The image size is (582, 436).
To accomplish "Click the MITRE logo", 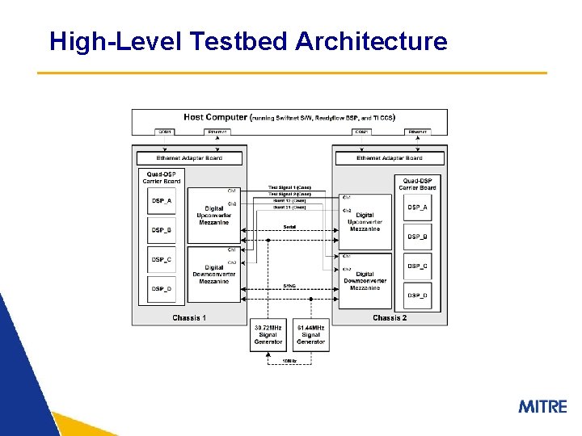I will (x=542, y=406).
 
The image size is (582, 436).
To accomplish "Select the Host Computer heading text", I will (x=216, y=117).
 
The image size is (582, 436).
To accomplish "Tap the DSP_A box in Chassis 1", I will (x=162, y=201).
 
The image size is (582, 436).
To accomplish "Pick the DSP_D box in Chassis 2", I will (x=418, y=296).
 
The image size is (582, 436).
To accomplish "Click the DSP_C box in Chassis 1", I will (x=162, y=259).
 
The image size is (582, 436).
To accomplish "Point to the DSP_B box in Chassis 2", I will (x=418, y=237).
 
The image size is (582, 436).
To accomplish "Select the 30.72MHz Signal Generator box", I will (x=268, y=334).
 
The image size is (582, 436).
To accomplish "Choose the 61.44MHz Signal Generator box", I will (x=310, y=334).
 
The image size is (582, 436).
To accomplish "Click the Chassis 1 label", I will (x=189, y=318).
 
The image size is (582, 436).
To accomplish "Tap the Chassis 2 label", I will (x=390, y=318).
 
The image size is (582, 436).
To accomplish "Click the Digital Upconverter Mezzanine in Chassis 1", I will (x=214, y=215).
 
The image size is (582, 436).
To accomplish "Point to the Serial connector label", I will (x=289, y=227).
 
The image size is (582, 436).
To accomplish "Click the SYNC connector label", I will (x=289, y=285).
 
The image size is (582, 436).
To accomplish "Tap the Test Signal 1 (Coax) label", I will (x=289, y=188).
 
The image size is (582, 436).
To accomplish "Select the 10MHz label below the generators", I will (x=289, y=360).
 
